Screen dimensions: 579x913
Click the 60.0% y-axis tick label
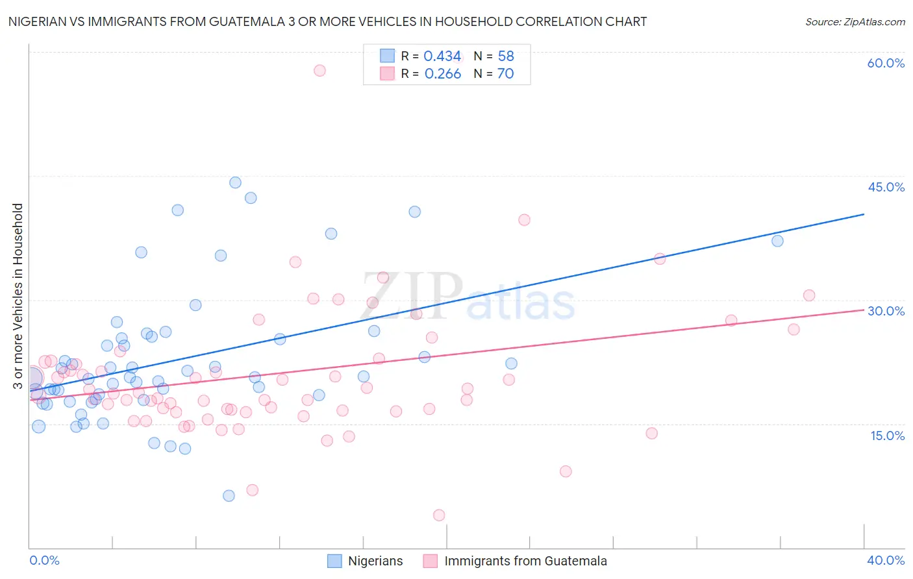click(886, 63)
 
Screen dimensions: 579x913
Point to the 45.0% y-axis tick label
click(886, 187)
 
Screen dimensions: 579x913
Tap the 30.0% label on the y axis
click(886, 311)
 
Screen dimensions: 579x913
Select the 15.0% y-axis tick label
click(887, 436)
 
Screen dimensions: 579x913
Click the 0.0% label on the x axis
click(44, 560)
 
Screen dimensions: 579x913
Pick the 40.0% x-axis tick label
click(886, 560)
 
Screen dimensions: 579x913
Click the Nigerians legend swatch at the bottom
click(334, 561)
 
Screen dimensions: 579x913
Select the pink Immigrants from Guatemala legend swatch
click(431, 561)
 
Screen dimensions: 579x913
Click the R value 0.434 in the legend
click(442, 56)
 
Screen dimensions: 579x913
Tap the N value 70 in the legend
click(505, 74)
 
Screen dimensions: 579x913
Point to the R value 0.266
click(442, 74)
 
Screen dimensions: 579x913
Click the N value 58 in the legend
click(506, 56)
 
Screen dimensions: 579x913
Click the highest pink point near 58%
click(319, 70)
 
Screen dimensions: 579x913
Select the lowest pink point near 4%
click(439, 515)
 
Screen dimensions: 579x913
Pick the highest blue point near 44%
click(236, 183)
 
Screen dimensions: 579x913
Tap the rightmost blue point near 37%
click(777, 241)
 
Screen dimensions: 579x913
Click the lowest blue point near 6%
click(229, 496)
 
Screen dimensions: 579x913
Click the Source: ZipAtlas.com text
click(855, 22)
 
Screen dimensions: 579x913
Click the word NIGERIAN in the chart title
click(40, 21)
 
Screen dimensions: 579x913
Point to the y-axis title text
click(18, 296)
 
